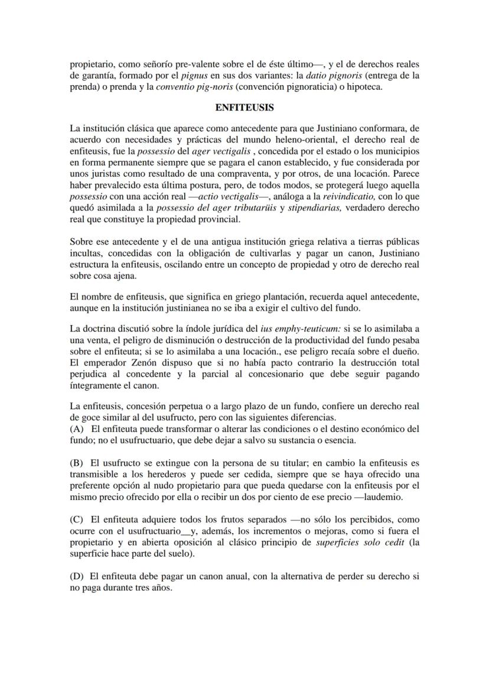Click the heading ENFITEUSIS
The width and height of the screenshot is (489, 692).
coord(244,109)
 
